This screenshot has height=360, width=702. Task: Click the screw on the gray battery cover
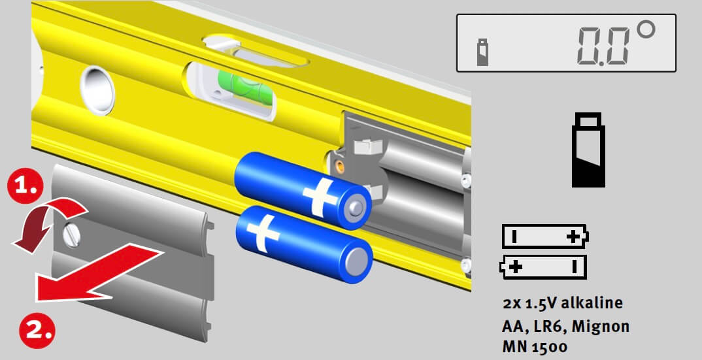tap(72, 234)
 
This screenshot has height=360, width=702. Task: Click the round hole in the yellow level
tap(97, 90)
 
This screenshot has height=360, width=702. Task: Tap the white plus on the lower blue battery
tap(264, 233)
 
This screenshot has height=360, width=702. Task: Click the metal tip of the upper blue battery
tap(355, 207)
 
